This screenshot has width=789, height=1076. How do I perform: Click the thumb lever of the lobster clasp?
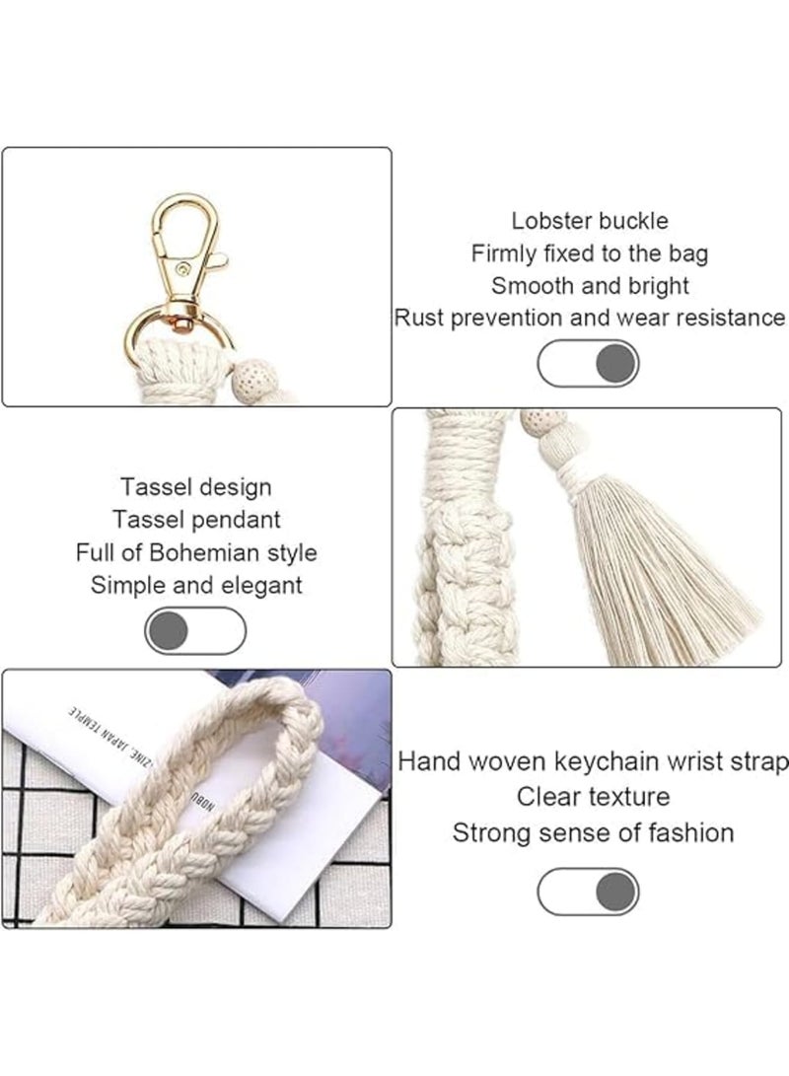(219, 260)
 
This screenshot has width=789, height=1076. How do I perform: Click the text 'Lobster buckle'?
(589, 221)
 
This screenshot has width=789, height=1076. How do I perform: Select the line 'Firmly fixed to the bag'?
(589, 253)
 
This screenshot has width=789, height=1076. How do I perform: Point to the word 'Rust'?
(418, 318)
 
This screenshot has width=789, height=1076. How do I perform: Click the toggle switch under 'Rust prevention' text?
(588, 364)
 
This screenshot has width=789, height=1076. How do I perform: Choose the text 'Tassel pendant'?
(196, 519)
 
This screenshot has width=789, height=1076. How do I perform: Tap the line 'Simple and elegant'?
(196, 584)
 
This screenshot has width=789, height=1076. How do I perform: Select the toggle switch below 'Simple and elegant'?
(195, 630)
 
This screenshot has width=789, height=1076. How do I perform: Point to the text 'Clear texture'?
(593, 796)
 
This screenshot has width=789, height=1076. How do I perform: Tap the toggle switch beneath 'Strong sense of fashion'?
(588, 891)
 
